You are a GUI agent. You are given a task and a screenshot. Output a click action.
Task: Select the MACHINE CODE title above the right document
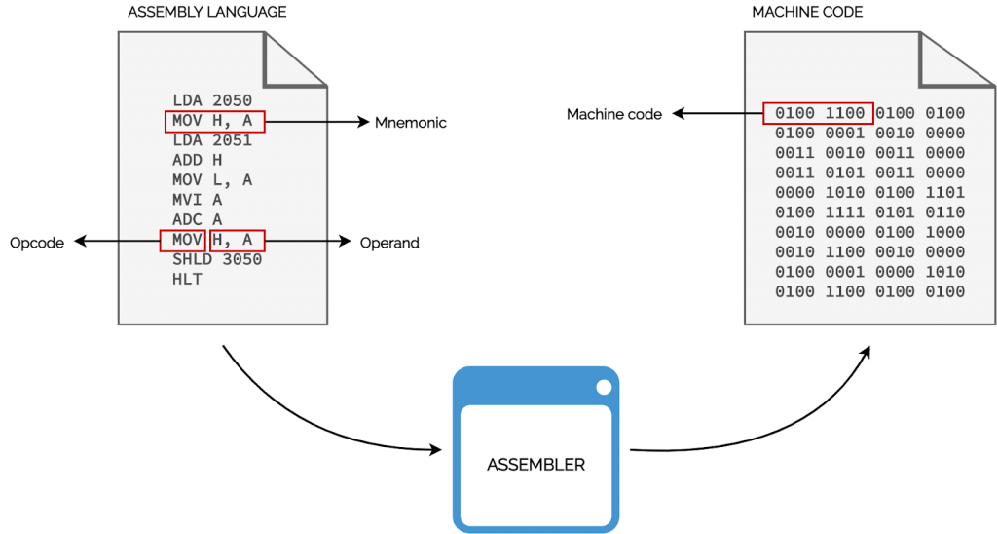[x=807, y=12]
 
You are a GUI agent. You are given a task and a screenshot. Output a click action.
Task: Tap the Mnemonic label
[x=410, y=123]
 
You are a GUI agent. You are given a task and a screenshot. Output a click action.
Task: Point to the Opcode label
[x=37, y=243]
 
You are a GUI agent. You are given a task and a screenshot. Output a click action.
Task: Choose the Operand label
[x=389, y=243]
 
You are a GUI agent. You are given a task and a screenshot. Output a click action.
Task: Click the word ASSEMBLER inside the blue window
[x=535, y=465]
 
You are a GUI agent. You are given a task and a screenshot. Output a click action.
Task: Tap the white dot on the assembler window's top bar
[x=604, y=387]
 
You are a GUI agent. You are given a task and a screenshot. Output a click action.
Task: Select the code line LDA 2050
[x=212, y=100]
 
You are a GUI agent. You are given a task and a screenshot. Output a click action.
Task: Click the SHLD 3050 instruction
[x=217, y=260]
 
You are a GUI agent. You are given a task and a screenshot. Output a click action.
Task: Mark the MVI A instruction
[x=198, y=200]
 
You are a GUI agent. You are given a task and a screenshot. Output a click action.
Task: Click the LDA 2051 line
[x=212, y=140]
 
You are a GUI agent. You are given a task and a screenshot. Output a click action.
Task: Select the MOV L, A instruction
[x=212, y=180]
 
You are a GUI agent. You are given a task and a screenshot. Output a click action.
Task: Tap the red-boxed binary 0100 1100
[x=819, y=113]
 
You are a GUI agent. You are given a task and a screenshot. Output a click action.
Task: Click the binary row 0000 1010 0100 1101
[x=869, y=193]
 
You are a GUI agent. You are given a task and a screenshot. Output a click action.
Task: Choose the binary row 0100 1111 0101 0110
[x=869, y=212]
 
